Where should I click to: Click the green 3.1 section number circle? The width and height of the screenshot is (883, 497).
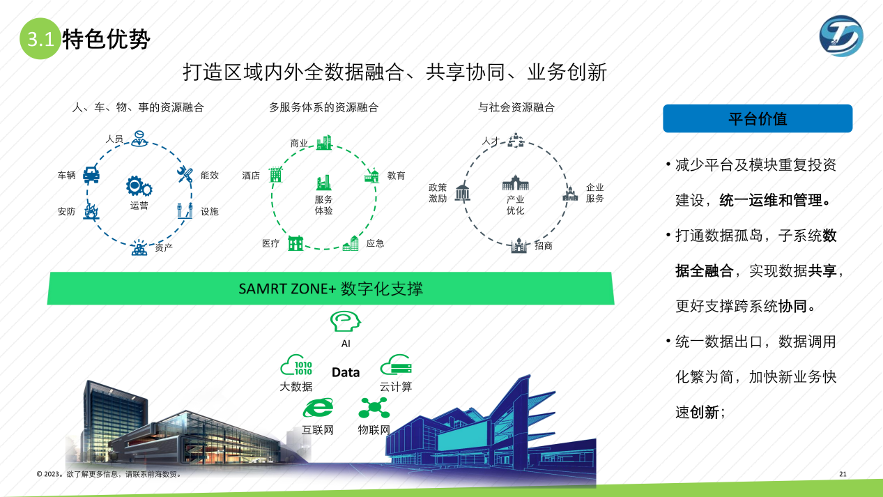click(40, 38)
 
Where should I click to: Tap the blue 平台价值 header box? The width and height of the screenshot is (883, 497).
click(758, 118)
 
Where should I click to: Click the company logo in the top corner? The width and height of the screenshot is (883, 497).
click(841, 36)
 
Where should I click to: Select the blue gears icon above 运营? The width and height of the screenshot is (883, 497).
click(139, 186)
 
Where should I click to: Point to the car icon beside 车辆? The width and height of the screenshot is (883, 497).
click(91, 174)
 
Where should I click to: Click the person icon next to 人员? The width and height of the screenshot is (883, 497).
click(139, 138)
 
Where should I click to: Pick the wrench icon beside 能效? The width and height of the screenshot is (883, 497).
click(185, 174)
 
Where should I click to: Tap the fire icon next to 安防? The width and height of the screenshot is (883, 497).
click(91, 211)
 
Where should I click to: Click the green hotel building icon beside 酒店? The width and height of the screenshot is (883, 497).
click(275, 174)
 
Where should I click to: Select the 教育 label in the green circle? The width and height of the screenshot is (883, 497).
click(396, 176)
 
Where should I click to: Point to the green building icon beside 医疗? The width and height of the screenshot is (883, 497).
click(295, 243)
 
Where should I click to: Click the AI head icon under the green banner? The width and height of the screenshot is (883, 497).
click(345, 321)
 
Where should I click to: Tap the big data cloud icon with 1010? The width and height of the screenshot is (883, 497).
click(296, 365)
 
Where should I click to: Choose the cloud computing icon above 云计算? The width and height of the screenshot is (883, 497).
click(396, 365)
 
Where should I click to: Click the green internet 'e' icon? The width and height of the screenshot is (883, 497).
click(318, 408)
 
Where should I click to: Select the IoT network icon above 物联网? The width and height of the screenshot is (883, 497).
click(374, 408)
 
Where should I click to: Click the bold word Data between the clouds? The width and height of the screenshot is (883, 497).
click(346, 372)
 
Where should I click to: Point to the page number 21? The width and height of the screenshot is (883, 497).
click(843, 474)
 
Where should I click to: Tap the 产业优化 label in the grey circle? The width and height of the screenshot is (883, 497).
click(515, 205)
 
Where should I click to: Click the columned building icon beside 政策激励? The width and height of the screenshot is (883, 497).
click(462, 192)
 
